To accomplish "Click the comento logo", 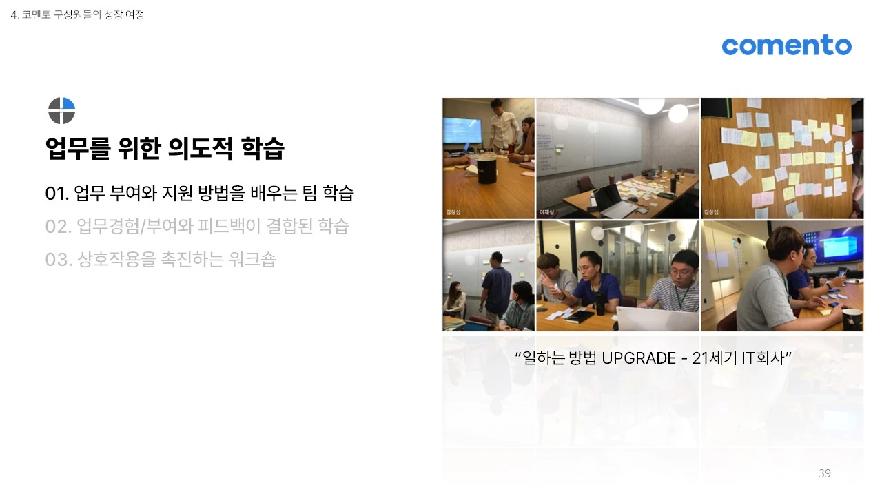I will (786, 45).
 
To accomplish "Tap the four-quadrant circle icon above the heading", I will (61, 111).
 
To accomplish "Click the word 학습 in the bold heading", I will (263, 148).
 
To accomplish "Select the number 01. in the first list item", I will (57, 194).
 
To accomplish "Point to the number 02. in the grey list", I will (59, 226).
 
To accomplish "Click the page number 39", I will (824, 473).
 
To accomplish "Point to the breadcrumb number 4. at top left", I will (14, 14).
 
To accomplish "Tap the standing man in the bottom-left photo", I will (495, 286).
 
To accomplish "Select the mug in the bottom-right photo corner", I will (853, 319).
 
